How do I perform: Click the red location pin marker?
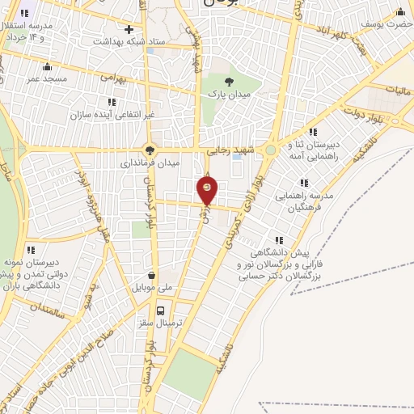point(208,188)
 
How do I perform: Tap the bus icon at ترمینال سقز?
point(160,310)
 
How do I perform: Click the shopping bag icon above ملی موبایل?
point(151,274)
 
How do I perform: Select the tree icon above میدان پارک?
point(230,81)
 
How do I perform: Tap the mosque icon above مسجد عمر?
point(47,66)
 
